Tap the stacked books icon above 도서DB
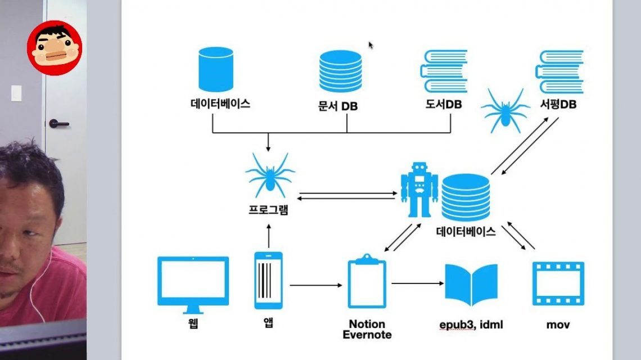click(444, 71)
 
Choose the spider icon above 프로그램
click(269, 175)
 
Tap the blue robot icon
click(419, 190)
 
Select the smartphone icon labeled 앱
click(269, 280)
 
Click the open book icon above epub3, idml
click(471, 284)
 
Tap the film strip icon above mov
click(558, 284)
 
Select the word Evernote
click(367, 335)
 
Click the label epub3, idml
click(471, 325)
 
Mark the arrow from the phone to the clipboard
click(315, 285)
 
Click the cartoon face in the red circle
click(55, 47)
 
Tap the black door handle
click(58, 123)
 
